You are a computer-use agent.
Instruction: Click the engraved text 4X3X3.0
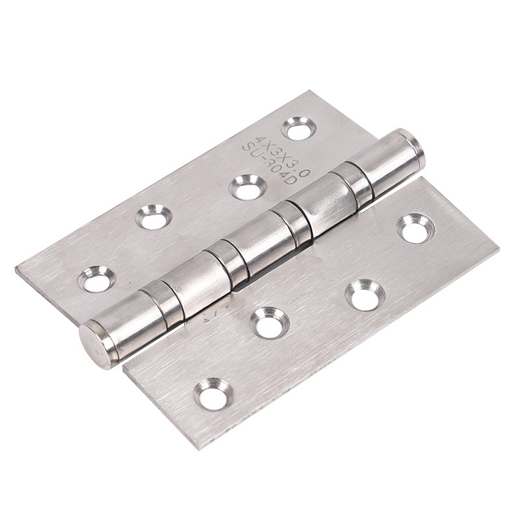click(x=282, y=154)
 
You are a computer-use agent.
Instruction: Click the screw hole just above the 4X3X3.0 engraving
click(x=298, y=128)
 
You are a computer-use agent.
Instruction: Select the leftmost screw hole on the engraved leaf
click(x=96, y=279)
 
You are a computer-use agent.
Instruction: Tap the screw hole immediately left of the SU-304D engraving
click(x=247, y=188)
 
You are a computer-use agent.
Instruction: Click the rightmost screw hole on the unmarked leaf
click(x=415, y=229)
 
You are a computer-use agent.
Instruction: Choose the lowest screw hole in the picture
click(x=214, y=395)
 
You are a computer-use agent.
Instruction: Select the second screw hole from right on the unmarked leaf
click(x=365, y=295)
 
